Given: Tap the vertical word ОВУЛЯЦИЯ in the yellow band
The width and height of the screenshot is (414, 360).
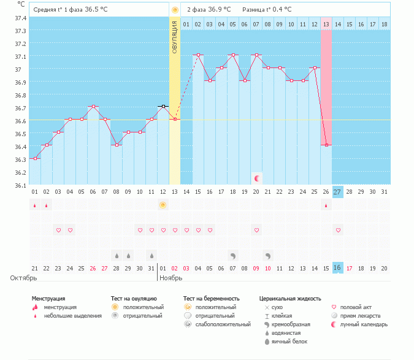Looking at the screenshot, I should [x=174, y=36].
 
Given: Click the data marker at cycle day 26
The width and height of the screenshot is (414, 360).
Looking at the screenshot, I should [x=327, y=145].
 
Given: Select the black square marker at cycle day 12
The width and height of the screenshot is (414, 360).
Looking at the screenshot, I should [x=163, y=106].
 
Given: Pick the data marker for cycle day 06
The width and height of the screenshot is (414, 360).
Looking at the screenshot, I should [x=93, y=106].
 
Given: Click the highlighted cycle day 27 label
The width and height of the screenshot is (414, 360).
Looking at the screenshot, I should [x=338, y=191].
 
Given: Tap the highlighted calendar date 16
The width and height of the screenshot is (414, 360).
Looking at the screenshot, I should [x=338, y=267].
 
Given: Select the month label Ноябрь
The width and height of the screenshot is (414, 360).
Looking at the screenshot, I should [x=171, y=278].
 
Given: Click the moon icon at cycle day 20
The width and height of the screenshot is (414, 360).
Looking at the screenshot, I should [x=257, y=178].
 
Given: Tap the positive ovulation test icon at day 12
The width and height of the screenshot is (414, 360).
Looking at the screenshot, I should [x=163, y=205].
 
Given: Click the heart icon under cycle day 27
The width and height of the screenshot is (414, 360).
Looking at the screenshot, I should [x=338, y=230].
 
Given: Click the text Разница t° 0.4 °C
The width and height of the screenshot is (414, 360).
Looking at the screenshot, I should [x=267, y=10].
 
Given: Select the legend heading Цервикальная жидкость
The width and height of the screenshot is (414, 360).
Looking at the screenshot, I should [x=290, y=299].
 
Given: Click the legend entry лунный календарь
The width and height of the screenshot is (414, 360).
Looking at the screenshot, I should [x=364, y=324].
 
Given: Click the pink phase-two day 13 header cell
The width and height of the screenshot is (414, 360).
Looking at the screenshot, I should [x=326, y=24].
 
